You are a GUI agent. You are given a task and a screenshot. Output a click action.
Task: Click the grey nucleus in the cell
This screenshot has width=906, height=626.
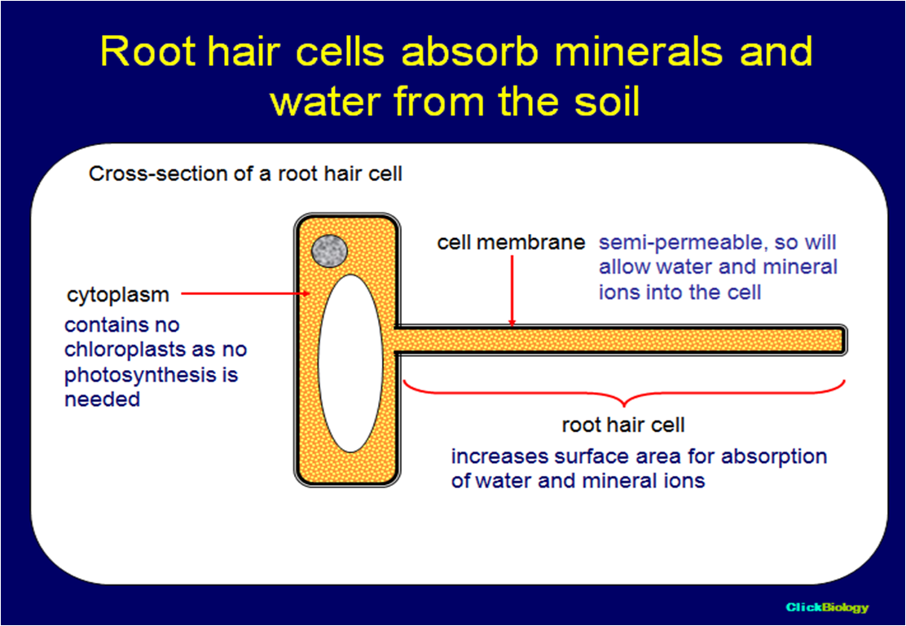330,250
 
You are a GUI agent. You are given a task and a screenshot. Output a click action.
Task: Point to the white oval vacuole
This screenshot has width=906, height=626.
350,363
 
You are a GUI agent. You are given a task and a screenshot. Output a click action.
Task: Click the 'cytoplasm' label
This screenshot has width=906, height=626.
118,295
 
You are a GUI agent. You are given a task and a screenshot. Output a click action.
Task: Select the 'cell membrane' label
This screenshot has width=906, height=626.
511,242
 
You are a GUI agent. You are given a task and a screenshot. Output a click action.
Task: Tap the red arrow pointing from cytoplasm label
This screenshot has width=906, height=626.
244,293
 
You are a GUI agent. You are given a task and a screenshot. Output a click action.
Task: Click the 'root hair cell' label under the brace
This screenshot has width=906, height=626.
623,425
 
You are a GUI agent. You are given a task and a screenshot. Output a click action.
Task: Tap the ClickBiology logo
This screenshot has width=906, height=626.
827,607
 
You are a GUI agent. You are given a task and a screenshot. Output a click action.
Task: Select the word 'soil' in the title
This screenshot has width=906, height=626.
599,104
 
